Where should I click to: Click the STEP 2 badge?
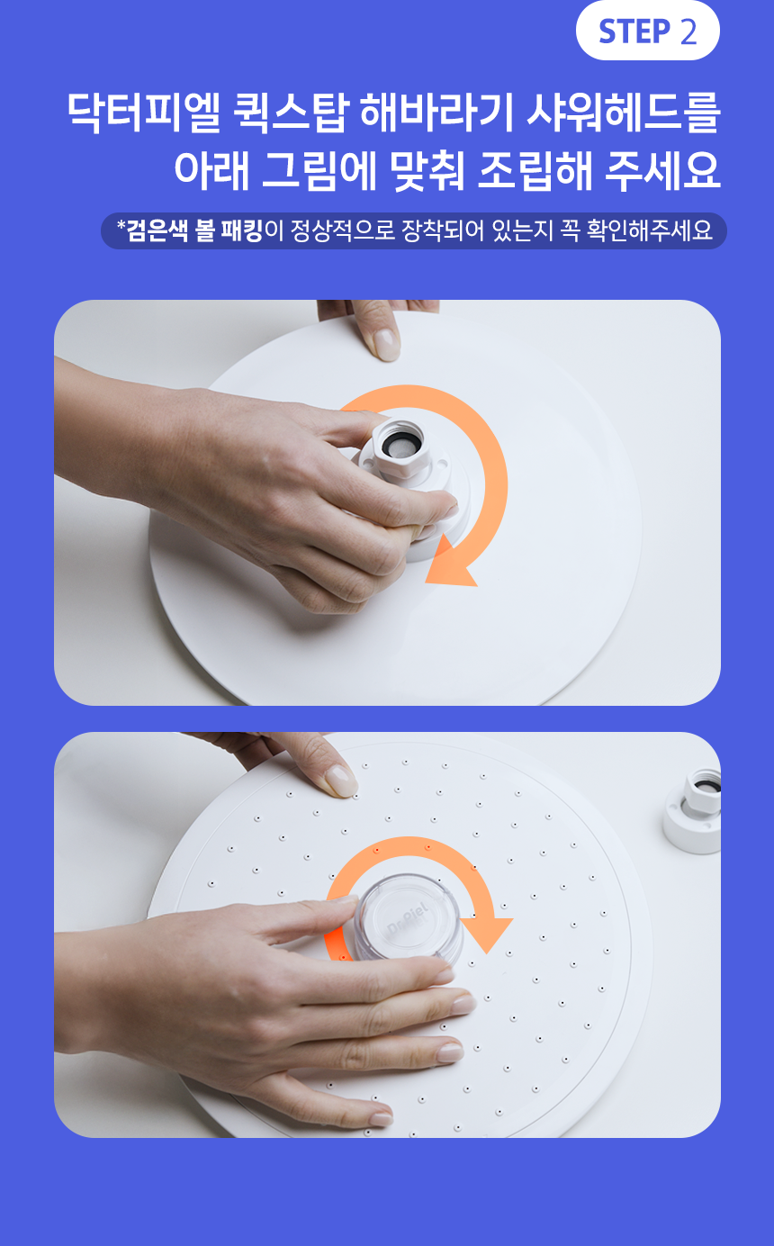pyautogui.click(x=648, y=31)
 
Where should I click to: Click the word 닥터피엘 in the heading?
pyautogui.click(x=144, y=113)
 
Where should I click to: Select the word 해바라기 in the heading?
pyautogui.click(x=437, y=113)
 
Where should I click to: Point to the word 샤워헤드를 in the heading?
pyautogui.click(x=624, y=113)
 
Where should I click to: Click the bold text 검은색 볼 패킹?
pyautogui.click(x=194, y=230)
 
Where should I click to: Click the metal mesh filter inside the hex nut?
pyautogui.click(x=397, y=447)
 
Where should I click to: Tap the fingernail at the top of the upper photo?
pyautogui.click(x=387, y=344)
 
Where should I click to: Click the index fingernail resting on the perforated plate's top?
pyautogui.click(x=341, y=781)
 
